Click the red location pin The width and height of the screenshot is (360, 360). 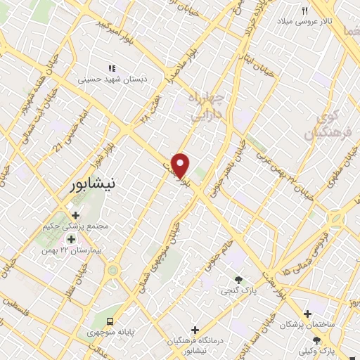pyautogui.click(x=181, y=165)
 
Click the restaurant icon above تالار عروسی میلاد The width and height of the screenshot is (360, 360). pyautogui.click(x=304, y=11)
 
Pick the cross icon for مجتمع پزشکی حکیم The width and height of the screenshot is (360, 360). pyautogui.click(x=75, y=215)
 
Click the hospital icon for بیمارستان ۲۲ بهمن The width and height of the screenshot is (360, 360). pyautogui.click(x=71, y=239)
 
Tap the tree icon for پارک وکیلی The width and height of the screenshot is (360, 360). pyautogui.click(x=325, y=340)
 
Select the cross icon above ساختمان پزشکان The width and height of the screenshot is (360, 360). pyautogui.click(x=307, y=314)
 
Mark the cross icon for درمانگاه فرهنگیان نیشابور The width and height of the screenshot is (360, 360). pyautogui.click(x=195, y=330)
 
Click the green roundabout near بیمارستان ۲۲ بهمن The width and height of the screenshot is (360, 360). pyautogui.click(x=112, y=270)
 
